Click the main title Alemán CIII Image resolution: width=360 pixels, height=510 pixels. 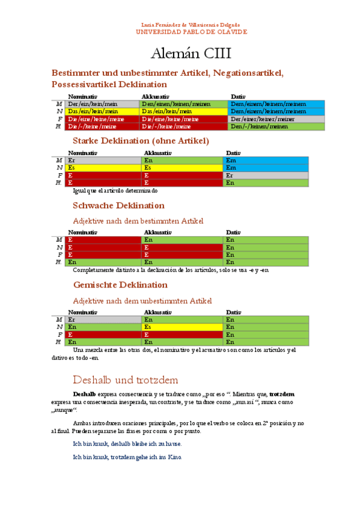coord(181,53)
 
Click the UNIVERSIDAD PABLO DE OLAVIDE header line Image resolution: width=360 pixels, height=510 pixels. coord(181,32)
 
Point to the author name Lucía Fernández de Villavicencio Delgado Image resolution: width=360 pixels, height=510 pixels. coord(181,25)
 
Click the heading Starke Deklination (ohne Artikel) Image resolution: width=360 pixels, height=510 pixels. coord(141,141)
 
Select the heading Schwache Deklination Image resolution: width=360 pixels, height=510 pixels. coord(118,206)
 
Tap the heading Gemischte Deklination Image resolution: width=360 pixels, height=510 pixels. coord(120,284)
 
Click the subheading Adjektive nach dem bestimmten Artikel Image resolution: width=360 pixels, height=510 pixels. coord(138,221)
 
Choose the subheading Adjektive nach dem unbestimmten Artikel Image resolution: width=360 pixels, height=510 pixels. coord(142,300)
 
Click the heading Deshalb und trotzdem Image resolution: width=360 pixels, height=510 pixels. coord(125,379)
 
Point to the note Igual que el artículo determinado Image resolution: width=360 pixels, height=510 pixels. coord(115,190)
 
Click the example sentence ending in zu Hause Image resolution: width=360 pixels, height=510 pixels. coord(127,444)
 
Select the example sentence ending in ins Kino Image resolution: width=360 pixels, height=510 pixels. coord(127,457)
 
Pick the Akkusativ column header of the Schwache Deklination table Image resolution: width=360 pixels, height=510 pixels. coord(157,232)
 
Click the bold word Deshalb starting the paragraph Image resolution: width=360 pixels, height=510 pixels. coord(84,394)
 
